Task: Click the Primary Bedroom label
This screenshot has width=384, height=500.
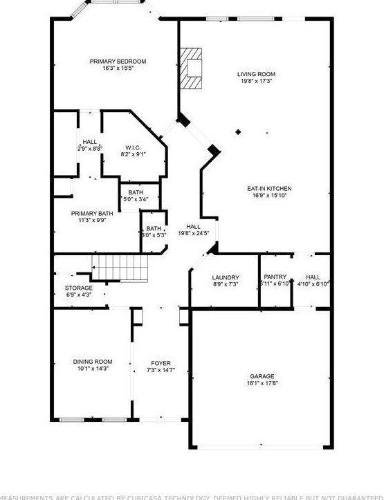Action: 118,62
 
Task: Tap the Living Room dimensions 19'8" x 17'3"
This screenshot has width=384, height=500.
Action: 256,81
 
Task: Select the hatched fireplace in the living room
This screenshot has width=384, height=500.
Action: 191,68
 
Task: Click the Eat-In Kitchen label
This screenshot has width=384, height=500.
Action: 269,189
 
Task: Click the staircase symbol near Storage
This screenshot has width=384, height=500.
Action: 121,266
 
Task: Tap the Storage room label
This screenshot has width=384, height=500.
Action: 79,288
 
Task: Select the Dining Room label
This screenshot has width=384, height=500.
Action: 93,362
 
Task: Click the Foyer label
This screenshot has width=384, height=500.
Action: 161,363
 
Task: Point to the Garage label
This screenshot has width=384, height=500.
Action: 262,377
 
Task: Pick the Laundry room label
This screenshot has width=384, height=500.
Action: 226,277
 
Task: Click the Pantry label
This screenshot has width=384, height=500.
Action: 275,277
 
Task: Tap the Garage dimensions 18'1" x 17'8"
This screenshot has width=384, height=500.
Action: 262,384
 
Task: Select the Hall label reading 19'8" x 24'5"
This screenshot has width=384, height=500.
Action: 193,226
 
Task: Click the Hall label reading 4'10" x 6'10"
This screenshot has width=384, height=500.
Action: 313,277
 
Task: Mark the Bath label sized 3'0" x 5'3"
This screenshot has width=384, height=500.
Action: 154,228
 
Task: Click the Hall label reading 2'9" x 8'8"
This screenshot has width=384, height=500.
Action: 90,142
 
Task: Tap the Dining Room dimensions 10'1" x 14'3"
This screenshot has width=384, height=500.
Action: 93,369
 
